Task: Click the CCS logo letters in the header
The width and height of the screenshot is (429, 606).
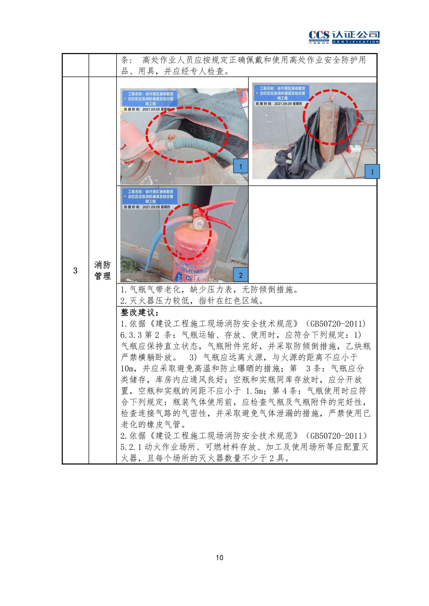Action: coord(319,35)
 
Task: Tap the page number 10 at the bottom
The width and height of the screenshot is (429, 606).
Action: coord(219,557)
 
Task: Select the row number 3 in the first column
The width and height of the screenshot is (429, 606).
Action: coord(75,271)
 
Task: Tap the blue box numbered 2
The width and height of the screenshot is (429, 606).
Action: coord(241,275)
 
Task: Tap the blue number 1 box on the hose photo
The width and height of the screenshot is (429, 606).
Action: coord(241,166)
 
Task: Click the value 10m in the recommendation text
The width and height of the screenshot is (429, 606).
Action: coord(127,369)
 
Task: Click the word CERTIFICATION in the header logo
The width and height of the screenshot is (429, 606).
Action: coord(356,42)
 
